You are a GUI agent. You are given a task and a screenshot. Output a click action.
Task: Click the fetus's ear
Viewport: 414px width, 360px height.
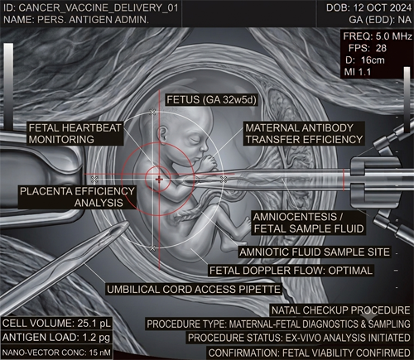[x=162, y=134]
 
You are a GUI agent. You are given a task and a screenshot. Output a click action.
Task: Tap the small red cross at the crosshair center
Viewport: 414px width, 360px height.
[x=159, y=180]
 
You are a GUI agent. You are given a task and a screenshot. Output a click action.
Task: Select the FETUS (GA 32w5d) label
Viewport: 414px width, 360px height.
[x=211, y=99]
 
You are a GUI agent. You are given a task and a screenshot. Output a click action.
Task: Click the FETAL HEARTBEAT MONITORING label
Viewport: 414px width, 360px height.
[x=75, y=133]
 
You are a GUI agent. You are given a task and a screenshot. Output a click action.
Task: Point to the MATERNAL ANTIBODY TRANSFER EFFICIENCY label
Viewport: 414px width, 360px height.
[x=304, y=133]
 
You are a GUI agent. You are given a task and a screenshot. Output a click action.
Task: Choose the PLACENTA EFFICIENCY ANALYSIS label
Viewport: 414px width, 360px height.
[x=77, y=197]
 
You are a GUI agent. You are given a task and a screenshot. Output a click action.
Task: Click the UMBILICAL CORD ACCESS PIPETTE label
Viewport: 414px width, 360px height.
[x=194, y=290]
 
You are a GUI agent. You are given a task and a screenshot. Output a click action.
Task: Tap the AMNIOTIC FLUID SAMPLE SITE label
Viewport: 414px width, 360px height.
[x=315, y=252]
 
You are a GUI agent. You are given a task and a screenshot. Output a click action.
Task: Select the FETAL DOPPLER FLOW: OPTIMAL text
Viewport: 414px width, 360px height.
[x=291, y=271]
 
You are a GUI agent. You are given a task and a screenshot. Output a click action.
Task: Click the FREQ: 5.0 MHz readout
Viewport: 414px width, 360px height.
[x=377, y=36]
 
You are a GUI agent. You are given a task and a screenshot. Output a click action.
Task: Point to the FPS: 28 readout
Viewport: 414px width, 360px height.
[x=368, y=48]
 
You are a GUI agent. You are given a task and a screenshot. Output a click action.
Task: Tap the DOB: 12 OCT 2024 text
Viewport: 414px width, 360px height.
[x=368, y=7]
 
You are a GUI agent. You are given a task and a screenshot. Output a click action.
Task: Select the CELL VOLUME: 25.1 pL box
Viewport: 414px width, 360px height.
[x=56, y=324]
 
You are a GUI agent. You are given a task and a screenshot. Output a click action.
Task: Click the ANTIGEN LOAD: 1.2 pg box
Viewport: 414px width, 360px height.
[x=56, y=338]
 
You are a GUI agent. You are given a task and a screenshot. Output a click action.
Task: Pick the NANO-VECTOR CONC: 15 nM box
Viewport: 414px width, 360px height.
[x=56, y=353]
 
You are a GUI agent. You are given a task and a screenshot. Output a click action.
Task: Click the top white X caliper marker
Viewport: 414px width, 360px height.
[x=152, y=112]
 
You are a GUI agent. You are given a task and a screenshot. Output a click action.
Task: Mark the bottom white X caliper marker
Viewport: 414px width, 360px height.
[x=152, y=248]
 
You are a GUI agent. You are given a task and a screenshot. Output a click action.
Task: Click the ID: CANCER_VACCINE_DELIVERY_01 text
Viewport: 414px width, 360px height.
[x=91, y=7]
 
